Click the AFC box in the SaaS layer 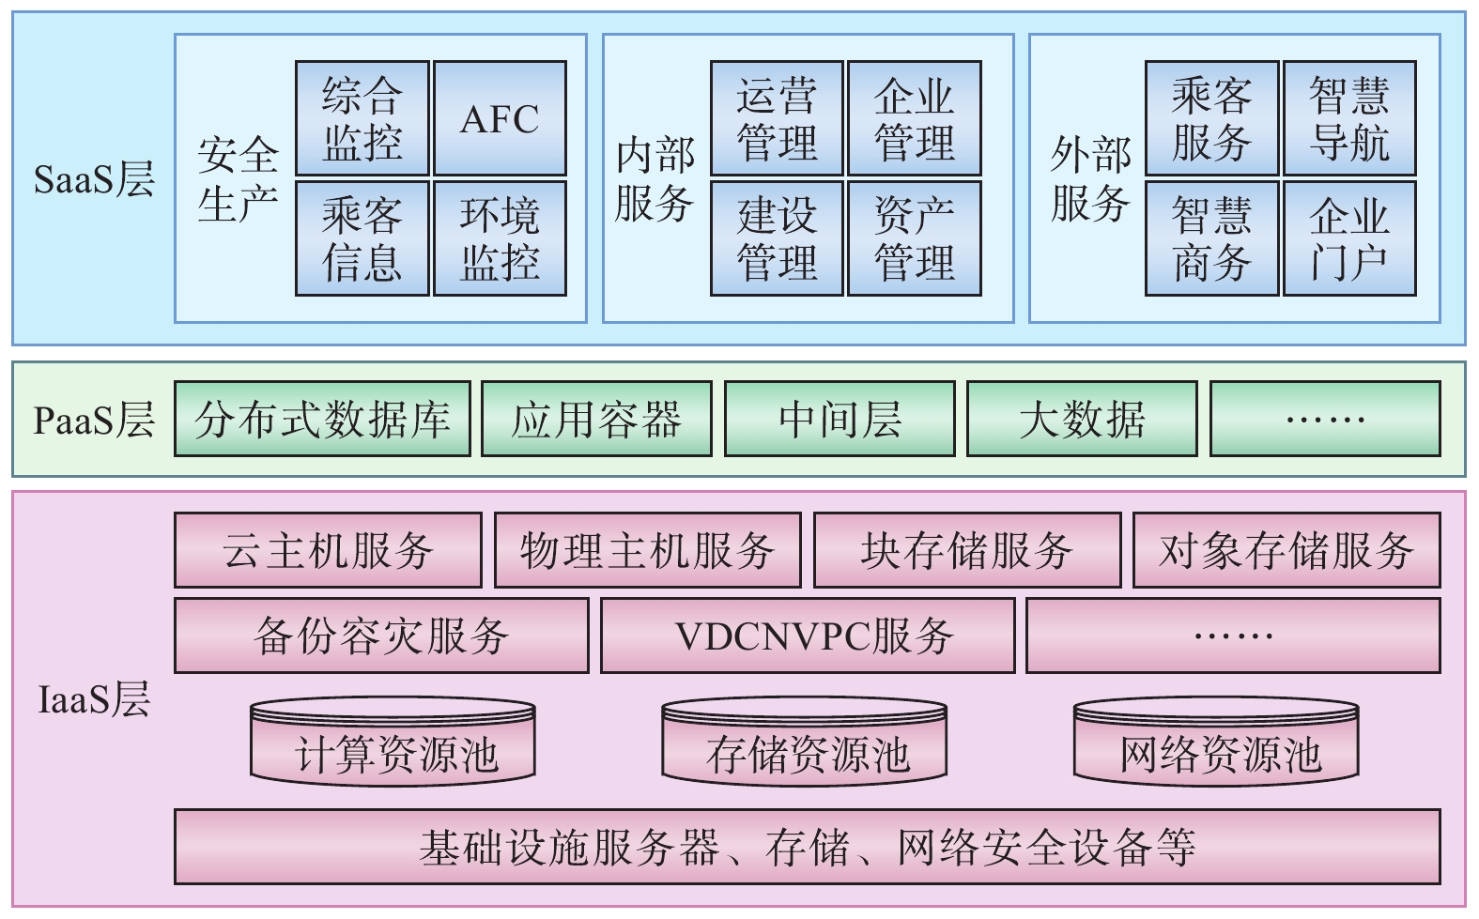[x=500, y=119]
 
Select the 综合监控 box [x=362, y=119]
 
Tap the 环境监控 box [x=500, y=238]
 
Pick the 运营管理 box [x=777, y=119]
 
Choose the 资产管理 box [x=915, y=238]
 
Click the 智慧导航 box [x=1349, y=119]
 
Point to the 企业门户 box [x=1349, y=238]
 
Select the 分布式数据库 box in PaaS [x=322, y=419]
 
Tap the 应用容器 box [x=596, y=419]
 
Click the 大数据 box [x=1082, y=419]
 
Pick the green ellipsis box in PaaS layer [x=1325, y=419]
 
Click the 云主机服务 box [x=328, y=550]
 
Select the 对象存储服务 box [x=1286, y=550]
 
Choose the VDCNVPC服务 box [x=808, y=636]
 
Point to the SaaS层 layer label [x=94, y=178]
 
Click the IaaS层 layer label [x=94, y=699]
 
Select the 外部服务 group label [x=1089, y=178]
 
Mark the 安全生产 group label [x=238, y=178]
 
